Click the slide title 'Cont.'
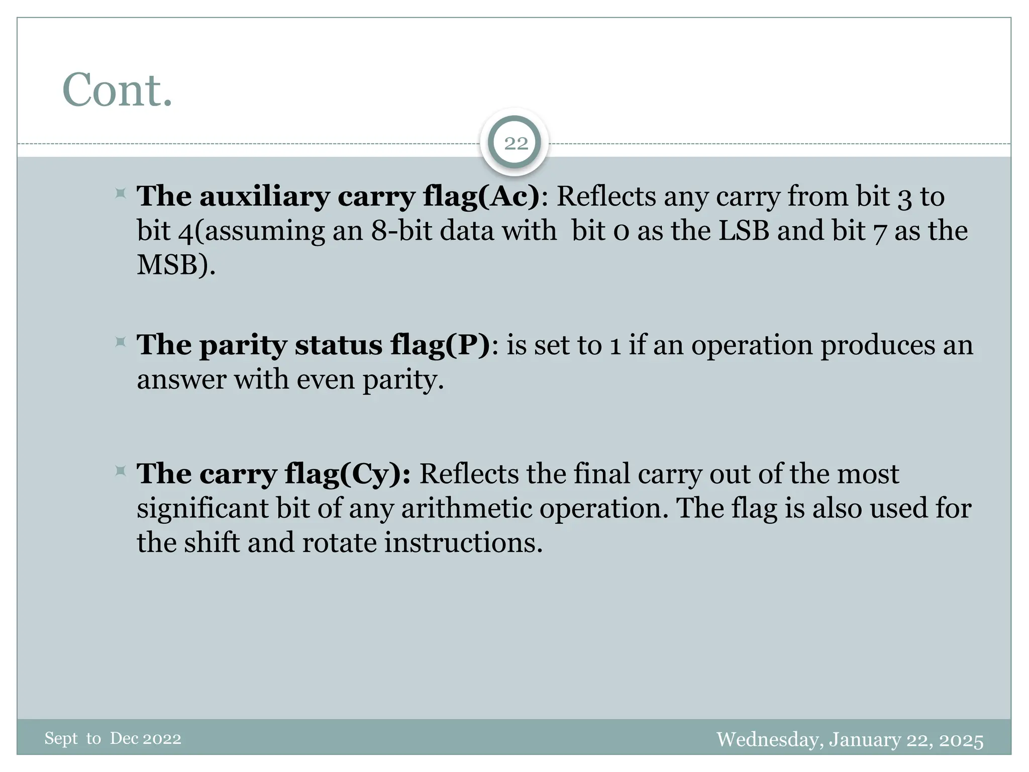117,90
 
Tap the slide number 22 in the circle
516,144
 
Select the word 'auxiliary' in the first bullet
264,196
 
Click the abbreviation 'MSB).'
176,265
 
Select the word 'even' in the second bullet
326,379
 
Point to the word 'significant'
202,509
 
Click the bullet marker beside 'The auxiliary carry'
121,194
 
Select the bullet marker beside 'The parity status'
121,343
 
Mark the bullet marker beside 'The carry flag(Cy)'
121,471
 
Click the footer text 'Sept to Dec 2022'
113,739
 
